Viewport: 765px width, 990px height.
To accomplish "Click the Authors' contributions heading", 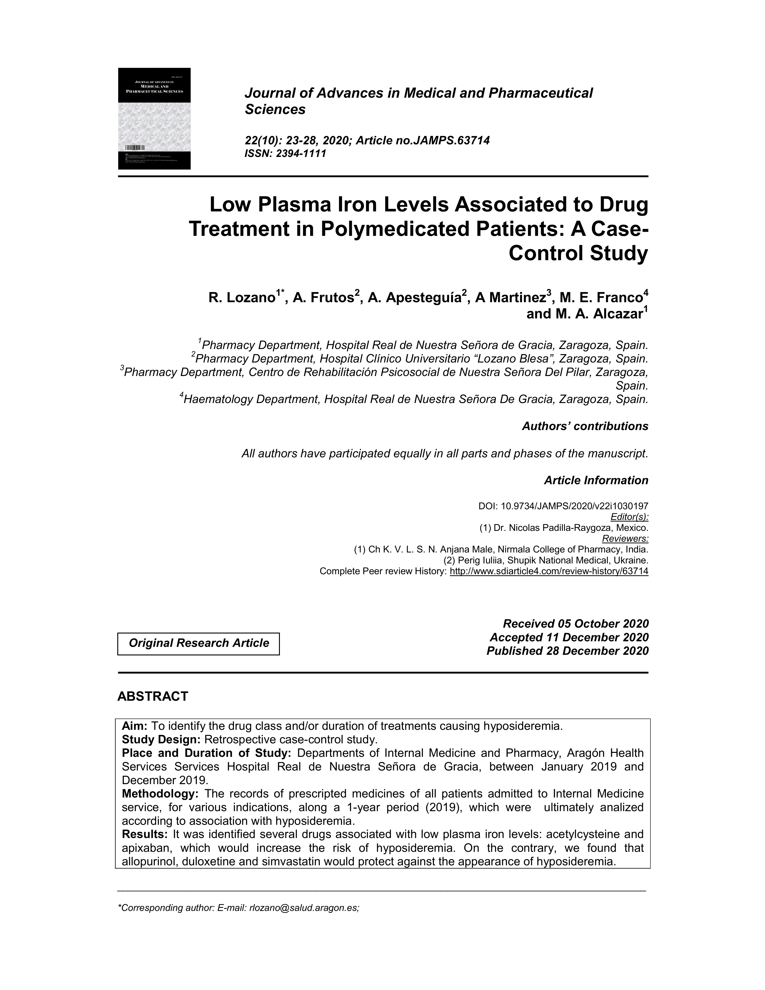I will (x=585, y=426).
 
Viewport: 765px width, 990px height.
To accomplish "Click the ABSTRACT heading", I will (x=153, y=697).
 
